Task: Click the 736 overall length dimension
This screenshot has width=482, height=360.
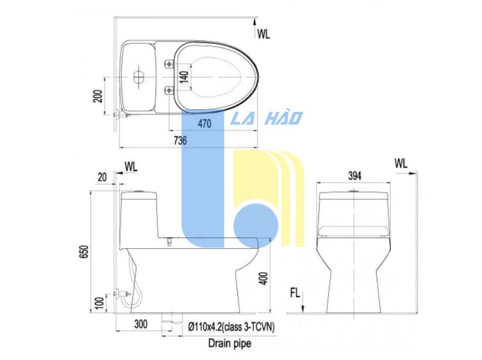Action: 180,141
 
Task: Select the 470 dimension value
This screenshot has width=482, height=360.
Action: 204,123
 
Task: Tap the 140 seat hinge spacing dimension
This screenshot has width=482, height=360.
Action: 184,77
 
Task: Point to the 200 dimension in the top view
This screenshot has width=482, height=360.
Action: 98,96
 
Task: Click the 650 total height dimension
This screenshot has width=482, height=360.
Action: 84,251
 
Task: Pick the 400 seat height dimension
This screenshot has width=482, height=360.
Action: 263,278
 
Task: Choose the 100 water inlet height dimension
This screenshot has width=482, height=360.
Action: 100,303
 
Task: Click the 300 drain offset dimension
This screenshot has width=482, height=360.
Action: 141,324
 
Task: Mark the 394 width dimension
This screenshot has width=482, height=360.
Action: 355,176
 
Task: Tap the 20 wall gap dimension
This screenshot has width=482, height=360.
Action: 102,177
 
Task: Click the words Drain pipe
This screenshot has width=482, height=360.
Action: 229,343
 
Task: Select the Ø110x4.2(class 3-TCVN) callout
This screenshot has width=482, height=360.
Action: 231,327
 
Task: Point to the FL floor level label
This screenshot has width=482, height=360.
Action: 295,293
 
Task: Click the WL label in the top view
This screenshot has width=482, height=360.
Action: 263,34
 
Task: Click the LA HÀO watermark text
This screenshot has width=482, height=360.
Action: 267,118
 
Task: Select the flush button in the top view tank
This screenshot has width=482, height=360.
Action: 139,77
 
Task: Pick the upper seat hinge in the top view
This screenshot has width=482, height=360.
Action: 169,64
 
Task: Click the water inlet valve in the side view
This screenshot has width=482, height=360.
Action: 122,294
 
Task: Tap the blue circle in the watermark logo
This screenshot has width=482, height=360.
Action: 256,226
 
